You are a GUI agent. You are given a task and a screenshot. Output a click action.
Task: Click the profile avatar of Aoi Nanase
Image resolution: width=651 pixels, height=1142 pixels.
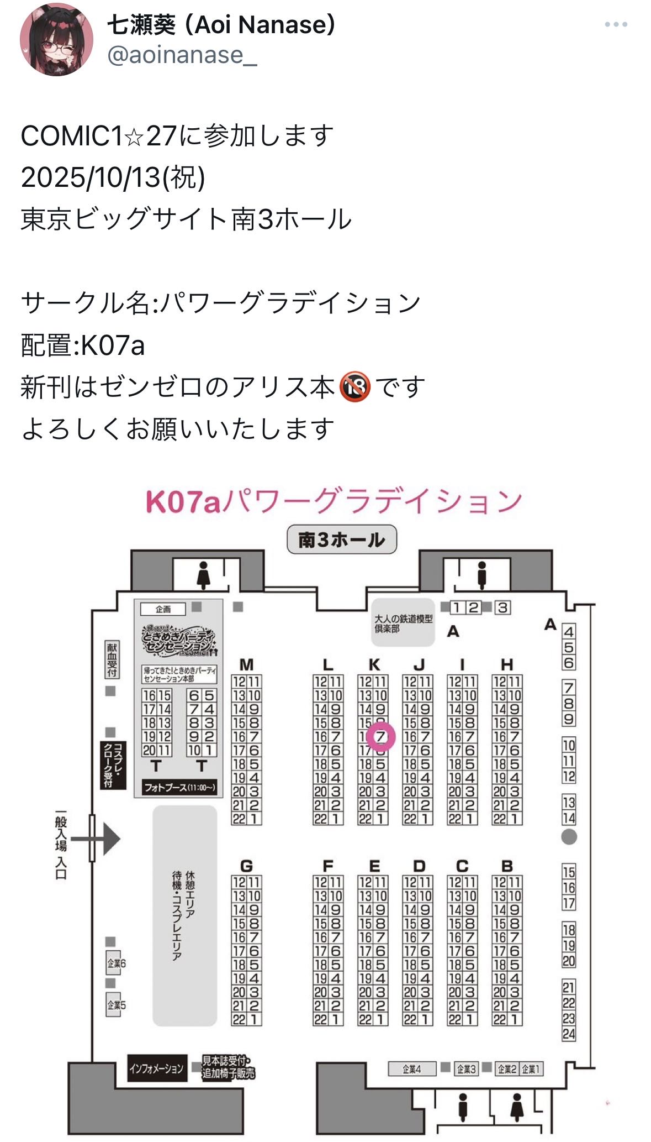56,39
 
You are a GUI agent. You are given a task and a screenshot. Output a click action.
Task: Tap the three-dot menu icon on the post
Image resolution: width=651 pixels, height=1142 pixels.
616,24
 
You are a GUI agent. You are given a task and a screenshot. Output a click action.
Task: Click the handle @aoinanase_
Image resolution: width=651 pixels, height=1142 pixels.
182,55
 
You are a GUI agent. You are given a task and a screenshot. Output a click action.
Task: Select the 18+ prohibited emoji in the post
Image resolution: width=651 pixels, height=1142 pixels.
354,386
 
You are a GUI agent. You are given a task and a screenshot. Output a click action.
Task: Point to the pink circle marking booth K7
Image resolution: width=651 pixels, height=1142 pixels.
380,736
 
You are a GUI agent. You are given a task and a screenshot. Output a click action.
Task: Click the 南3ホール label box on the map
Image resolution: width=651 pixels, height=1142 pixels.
342,539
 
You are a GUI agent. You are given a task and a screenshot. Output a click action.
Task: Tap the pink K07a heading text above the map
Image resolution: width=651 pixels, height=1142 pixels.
334,501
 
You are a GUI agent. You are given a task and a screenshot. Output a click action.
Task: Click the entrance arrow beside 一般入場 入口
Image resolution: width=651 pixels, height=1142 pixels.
105,839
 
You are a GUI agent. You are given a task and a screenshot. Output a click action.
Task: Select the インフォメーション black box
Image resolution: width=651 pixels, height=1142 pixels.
156,1068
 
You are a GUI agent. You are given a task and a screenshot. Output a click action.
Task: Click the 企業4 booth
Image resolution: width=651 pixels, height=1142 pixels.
412,1069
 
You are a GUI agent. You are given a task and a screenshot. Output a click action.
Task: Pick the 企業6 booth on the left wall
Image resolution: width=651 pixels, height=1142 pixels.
116,963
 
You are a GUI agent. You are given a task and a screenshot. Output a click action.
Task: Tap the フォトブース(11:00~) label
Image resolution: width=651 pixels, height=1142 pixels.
179,787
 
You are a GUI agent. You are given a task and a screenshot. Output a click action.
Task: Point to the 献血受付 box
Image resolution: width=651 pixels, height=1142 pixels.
112,659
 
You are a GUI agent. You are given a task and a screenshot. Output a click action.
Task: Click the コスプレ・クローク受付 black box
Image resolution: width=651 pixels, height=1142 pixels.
113,765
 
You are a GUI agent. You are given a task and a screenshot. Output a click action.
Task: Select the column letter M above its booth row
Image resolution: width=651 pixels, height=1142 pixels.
246,664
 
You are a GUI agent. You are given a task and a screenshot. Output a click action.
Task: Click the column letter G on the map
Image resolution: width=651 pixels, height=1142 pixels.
246,866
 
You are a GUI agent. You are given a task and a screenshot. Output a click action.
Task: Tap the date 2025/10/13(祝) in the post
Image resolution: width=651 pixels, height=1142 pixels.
113,177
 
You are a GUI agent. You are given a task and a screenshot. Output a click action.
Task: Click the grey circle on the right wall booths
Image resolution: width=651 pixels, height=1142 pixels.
569,837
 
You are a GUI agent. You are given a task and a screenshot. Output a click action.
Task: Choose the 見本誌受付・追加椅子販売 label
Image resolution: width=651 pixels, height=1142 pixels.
228,1067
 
